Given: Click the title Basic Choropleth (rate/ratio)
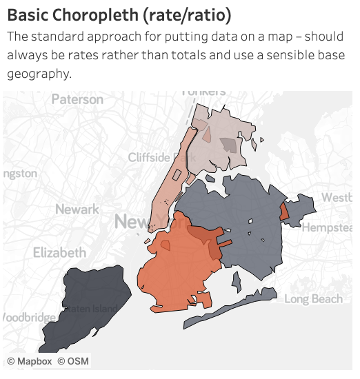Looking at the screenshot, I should (x=119, y=14).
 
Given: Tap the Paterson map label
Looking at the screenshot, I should (x=77, y=99).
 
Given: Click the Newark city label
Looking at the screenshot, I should (x=77, y=209).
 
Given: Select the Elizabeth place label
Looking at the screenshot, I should (x=60, y=252).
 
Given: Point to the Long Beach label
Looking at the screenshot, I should (x=313, y=299).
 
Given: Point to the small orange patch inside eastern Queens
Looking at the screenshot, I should (x=284, y=212).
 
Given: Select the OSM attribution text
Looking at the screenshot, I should (x=72, y=361).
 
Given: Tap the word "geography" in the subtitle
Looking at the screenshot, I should (x=39, y=73).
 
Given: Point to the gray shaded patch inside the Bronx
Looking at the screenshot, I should (x=227, y=144).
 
